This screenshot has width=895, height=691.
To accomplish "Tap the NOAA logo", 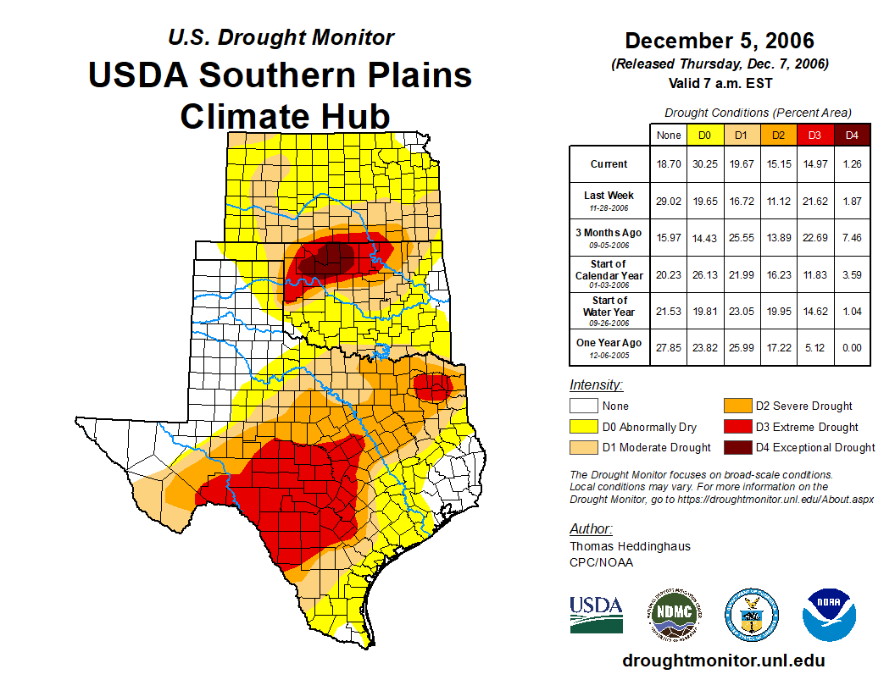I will (x=830, y=614).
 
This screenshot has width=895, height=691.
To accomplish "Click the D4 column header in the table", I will (x=853, y=135).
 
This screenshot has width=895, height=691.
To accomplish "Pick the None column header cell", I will (x=669, y=135).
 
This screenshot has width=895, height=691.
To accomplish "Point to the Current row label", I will (x=609, y=164).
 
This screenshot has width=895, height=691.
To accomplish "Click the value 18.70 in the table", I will (x=669, y=164).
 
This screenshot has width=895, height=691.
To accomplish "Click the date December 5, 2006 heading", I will (x=719, y=41).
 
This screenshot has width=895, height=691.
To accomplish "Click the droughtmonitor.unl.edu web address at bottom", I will (x=723, y=661).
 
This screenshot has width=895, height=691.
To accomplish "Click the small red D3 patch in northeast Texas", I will (x=433, y=387).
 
